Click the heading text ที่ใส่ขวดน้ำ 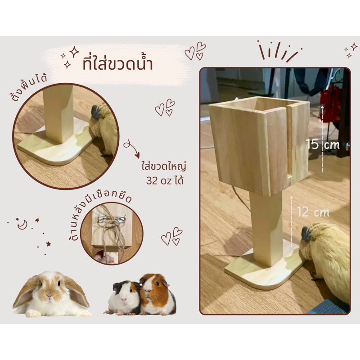(x=117, y=64)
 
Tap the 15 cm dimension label (x=323, y=144)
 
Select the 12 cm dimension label (x=313, y=211)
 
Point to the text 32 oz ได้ (x=165, y=180)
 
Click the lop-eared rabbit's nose (x=50, y=295)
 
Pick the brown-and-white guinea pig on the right (x=157, y=294)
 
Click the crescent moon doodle (x=22, y=225)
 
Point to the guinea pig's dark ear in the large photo (x=306, y=234)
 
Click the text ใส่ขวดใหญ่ (x=163, y=166)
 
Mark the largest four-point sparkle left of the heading (x=74, y=52)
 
